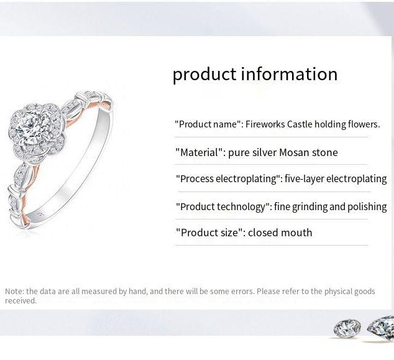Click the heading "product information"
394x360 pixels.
(x=255, y=74)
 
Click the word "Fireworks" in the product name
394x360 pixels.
(x=265, y=124)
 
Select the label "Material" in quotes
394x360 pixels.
(x=199, y=152)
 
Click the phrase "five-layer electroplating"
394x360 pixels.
(x=336, y=179)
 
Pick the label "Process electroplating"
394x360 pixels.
(x=228, y=179)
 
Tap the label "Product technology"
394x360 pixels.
(x=224, y=206)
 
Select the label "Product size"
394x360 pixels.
(x=209, y=233)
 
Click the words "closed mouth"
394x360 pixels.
(x=280, y=233)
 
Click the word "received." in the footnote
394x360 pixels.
(x=21, y=301)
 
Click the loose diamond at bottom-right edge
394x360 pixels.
(x=382, y=328)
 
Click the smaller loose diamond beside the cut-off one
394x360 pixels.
(x=347, y=328)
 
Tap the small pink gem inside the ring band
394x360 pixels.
(x=42, y=213)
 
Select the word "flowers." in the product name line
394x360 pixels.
(x=364, y=124)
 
